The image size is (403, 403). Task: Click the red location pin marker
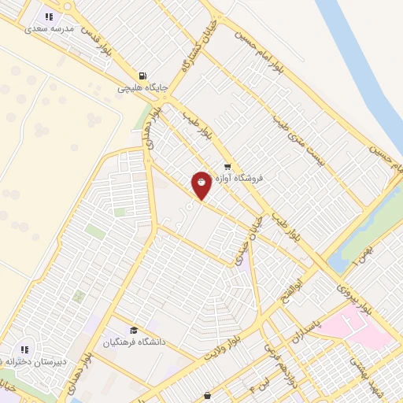point(202,184)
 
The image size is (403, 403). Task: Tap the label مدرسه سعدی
point(49,28)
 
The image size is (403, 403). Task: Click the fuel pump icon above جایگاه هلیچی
point(141,75)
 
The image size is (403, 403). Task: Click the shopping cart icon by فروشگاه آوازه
point(227,166)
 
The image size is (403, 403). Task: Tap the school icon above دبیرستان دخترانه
point(24,349)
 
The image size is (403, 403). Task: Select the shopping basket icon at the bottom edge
point(207,396)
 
